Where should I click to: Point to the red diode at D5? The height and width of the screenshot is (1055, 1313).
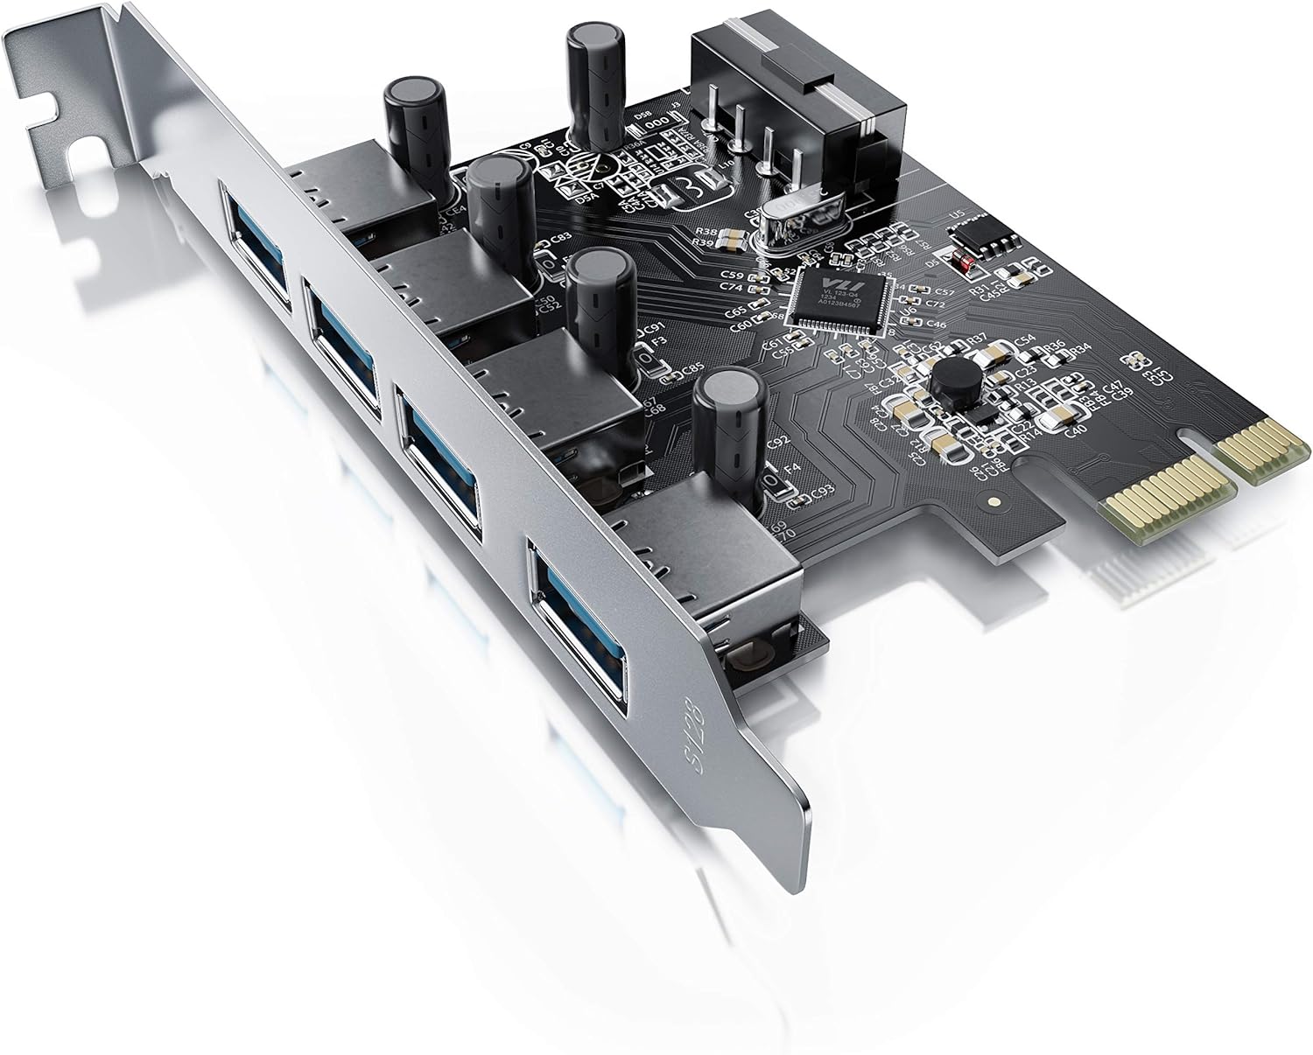click(x=965, y=262)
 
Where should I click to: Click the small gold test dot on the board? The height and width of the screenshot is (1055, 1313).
click(x=993, y=503)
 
